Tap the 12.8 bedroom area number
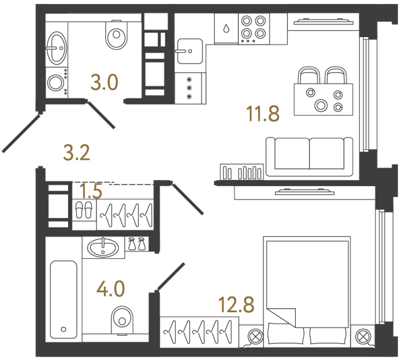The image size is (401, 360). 236,307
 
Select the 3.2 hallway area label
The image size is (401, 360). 76,152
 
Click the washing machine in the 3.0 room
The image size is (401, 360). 56,83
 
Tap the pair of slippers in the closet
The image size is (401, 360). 83,210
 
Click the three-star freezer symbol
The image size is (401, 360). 190,88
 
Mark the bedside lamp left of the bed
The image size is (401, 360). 254,337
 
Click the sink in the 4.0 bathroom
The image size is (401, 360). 103,246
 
